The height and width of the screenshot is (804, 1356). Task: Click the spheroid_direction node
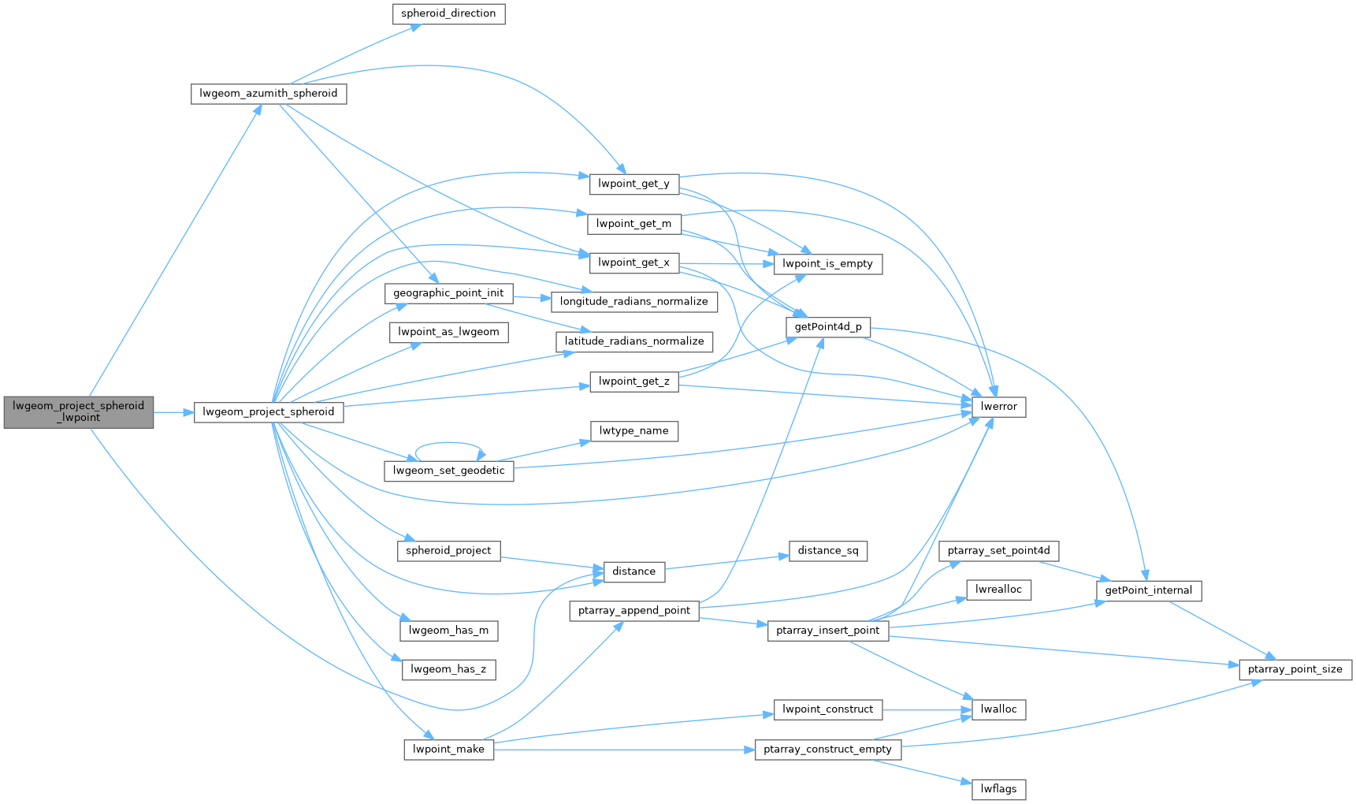(x=448, y=14)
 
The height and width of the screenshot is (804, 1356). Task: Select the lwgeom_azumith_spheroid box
(x=269, y=94)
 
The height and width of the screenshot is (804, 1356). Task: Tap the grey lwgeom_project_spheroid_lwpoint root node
(x=79, y=411)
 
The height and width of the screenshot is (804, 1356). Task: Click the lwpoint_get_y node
(x=633, y=184)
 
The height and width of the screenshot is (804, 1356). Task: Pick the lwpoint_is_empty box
(x=827, y=264)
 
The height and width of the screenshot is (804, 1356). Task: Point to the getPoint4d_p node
(x=828, y=327)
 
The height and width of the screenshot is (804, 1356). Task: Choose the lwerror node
(x=999, y=407)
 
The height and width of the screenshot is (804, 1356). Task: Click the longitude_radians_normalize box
(x=634, y=302)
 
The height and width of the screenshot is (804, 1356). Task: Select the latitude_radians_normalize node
(x=634, y=341)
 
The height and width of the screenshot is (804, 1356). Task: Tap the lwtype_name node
(x=633, y=431)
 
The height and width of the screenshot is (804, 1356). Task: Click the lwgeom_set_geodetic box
(x=449, y=471)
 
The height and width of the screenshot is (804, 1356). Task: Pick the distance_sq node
(x=828, y=551)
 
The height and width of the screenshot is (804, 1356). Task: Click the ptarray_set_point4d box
(x=999, y=551)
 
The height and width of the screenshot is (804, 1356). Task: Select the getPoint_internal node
(x=1149, y=590)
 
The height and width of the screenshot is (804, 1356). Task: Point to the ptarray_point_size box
(x=1295, y=670)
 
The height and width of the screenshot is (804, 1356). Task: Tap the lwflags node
(x=999, y=789)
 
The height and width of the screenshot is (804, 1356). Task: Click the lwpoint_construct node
(x=828, y=709)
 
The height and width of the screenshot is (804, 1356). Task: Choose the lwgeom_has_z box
(x=449, y=670)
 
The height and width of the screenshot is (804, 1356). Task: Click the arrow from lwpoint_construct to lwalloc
(x=927, y=709)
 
